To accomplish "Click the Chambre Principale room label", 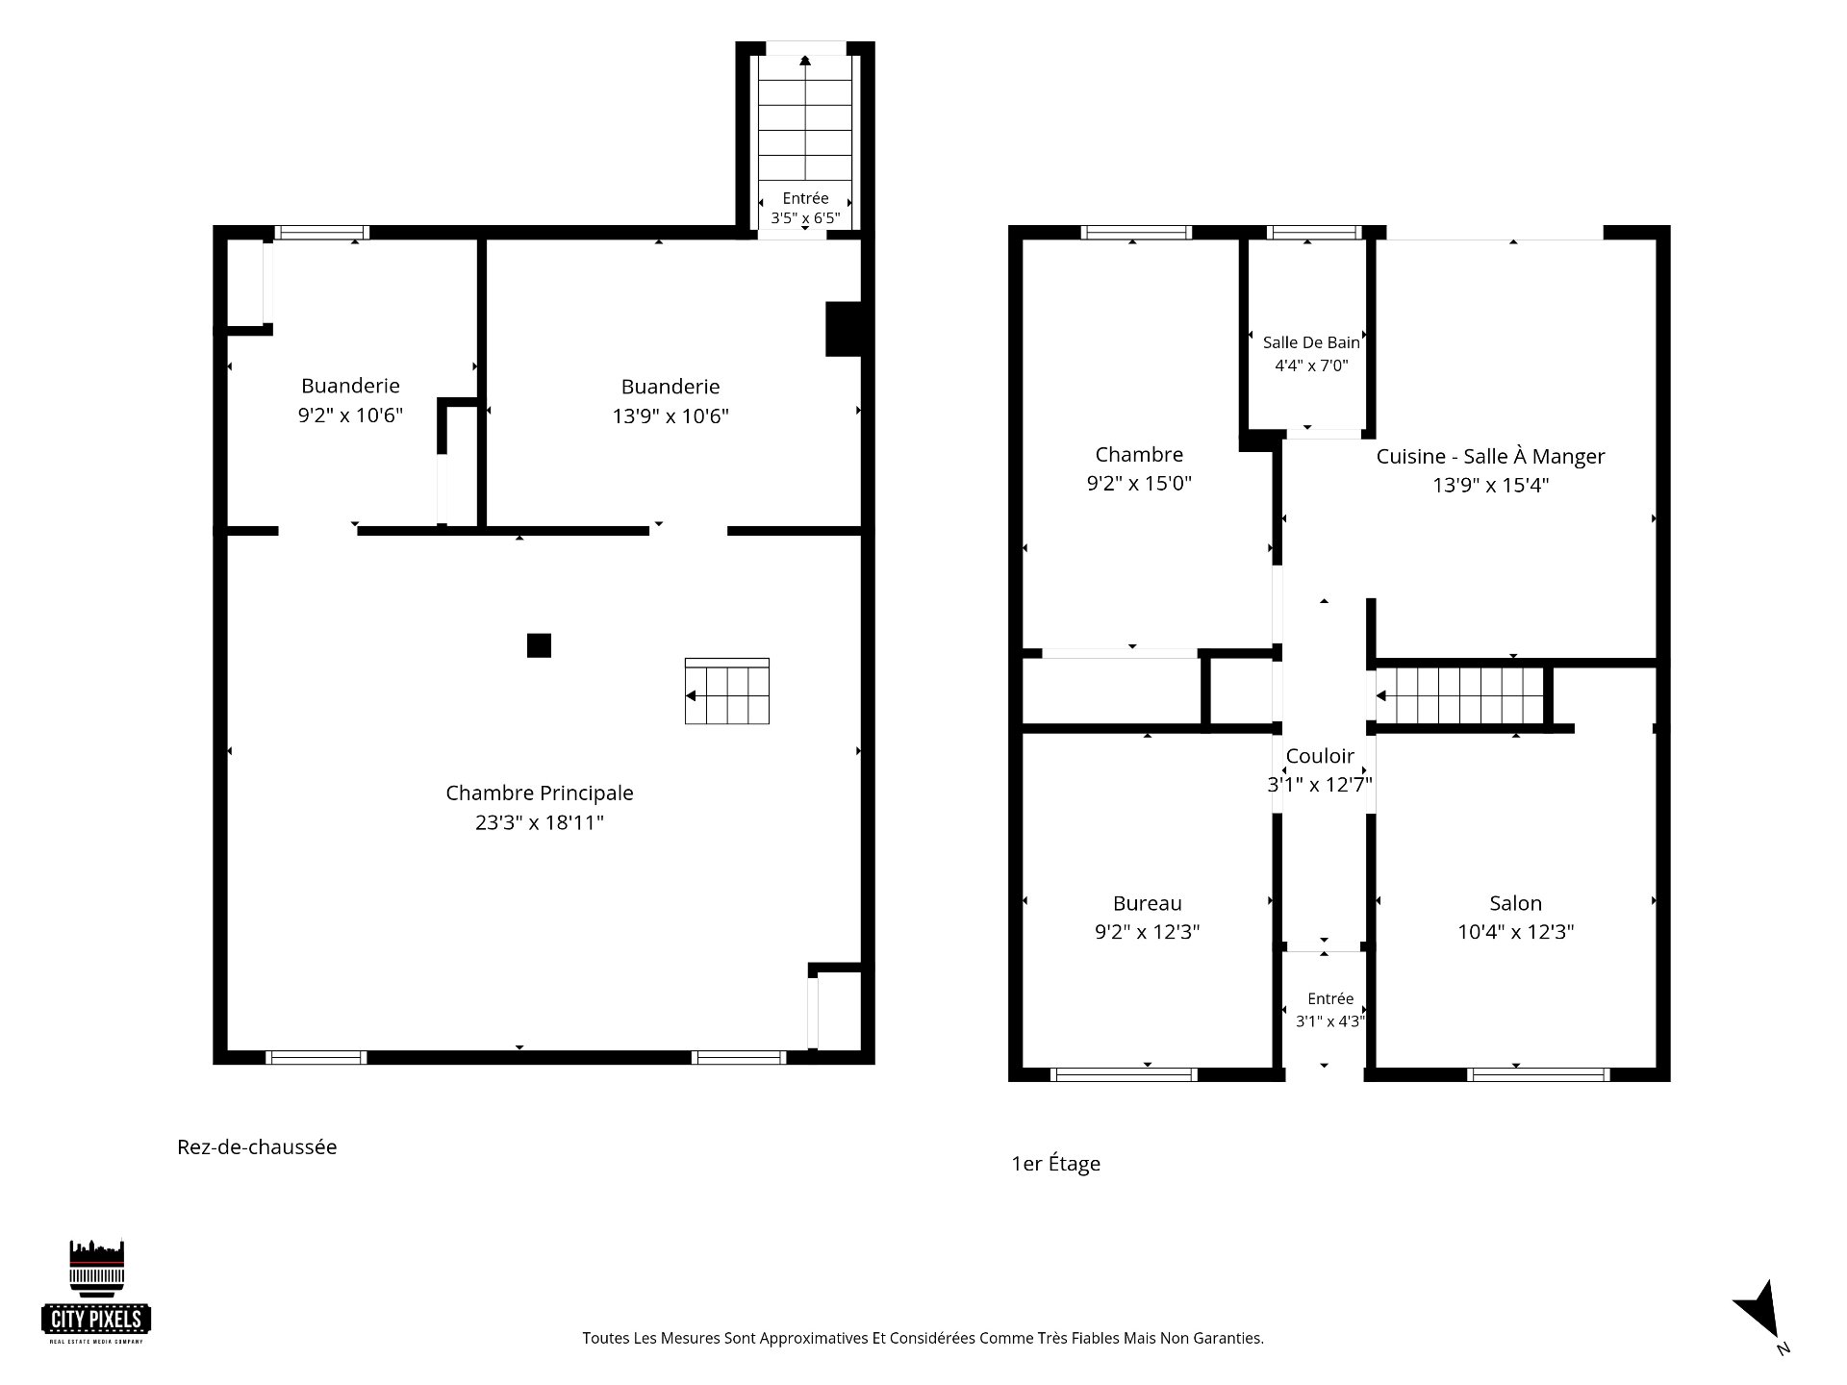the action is [540, 793].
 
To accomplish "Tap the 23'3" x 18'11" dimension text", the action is [540, 822].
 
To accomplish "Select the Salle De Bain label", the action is [1311, 342].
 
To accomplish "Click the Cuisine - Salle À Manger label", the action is [1490, 457].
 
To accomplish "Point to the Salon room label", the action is [1515, 903].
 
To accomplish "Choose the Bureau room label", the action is [1147, 903].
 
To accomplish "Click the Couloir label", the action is [1320, 756].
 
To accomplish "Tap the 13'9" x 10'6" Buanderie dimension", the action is [670, 416].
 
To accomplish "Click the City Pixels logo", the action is [97, 1292].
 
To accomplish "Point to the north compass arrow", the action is [1760, 1309].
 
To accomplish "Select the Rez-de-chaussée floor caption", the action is [257, 1147].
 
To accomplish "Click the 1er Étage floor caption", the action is [1055, 1164].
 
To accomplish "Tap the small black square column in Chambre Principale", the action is [539, 645].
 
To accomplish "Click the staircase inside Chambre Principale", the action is [726, 691].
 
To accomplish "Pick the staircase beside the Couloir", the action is [1459, 695].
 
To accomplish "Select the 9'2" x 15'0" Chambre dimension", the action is [1139, 484].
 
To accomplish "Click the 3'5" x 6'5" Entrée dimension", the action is [805, 218].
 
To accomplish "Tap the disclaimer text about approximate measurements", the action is [923, 1338].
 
